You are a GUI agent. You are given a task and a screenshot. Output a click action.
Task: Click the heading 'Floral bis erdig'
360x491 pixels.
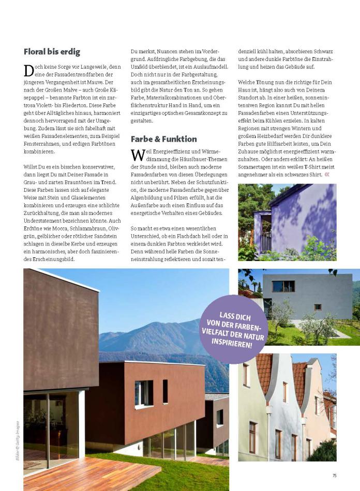pyautogui.click(x=52, y=52)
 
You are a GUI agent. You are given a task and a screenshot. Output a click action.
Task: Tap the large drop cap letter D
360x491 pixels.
pyautogui.click(x=28, y=71)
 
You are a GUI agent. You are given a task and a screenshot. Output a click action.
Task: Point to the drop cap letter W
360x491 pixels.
pyautogui.click(x=137, y=155)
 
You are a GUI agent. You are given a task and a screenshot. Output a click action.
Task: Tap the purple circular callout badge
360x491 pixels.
pyautogui.click(x=234, y=329)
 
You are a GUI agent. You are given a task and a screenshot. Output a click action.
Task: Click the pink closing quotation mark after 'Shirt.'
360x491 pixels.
pyautogui.click(x=326, y=175)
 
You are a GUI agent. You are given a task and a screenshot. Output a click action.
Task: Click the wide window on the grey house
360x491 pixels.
pyautogui.click(x=283, y=286)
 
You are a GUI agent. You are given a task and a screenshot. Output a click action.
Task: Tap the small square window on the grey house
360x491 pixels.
pyautogui.click(x=317, y=306)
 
